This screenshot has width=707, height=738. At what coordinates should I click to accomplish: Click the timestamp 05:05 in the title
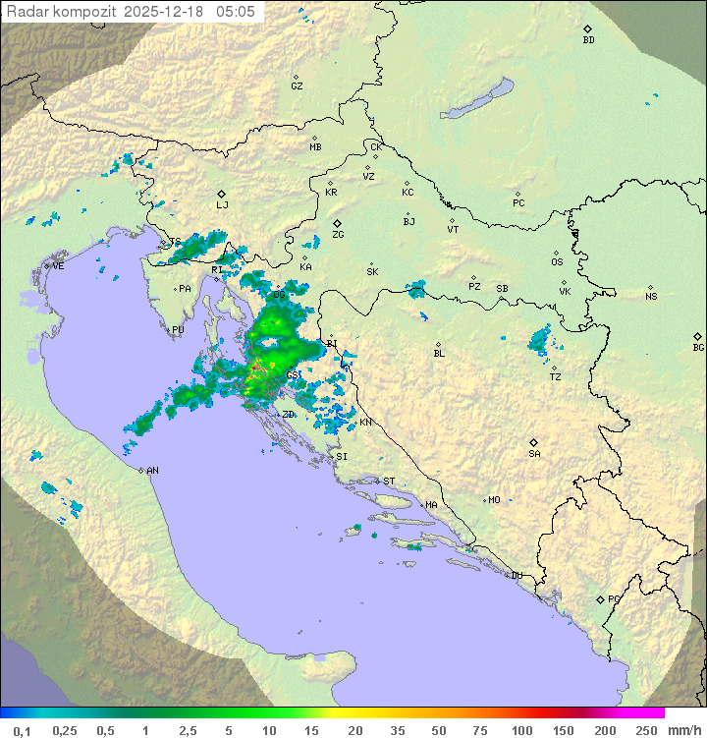[236, 12]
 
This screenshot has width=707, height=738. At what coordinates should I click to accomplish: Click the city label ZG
[338, 236]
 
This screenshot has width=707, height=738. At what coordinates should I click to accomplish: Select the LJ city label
[222, 205]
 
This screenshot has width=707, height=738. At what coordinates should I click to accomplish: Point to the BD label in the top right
[588, 40]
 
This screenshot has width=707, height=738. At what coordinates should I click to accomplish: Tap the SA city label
[534, 454]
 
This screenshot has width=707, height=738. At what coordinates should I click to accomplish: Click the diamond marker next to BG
[698, 335]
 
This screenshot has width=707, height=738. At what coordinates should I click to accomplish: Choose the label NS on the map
[651, 297]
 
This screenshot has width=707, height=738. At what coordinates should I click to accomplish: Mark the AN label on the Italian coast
[152, 471]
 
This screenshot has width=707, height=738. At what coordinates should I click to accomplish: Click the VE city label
[58, 266]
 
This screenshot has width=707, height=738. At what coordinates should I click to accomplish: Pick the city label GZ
[297, 86]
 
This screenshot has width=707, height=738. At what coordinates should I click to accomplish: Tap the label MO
[494, 500]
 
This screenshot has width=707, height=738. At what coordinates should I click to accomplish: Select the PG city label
[614, 599]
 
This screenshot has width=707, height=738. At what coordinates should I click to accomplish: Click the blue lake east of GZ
[477, 98]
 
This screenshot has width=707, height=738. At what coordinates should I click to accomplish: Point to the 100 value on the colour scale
[522, 730]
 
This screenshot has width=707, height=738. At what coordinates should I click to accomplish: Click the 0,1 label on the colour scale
[22, 730]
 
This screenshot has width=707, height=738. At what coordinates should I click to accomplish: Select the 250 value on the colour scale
[646, 730]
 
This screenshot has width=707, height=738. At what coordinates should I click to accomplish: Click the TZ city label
[556, 377]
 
